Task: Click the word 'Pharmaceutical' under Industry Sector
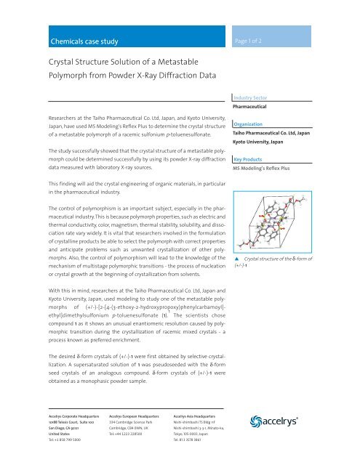coord(284,105)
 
